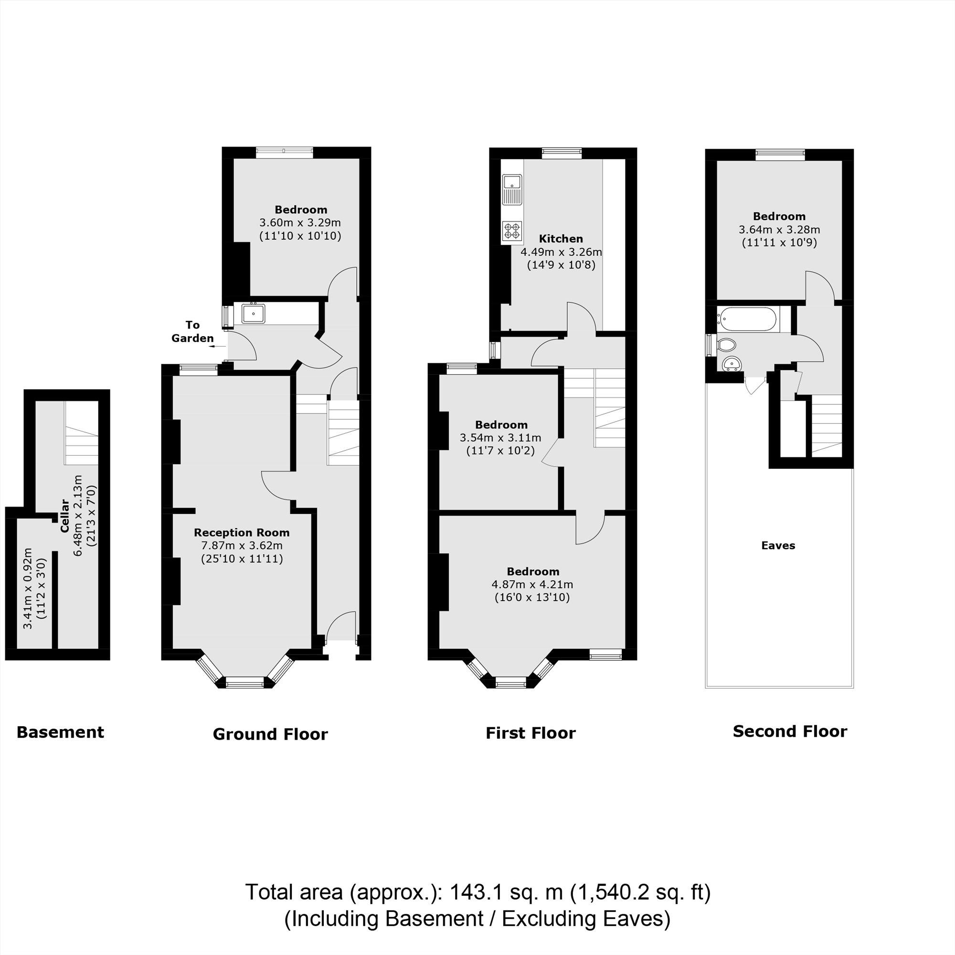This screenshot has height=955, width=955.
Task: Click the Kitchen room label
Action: [561, 239]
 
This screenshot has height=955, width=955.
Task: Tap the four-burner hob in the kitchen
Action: [511, 231]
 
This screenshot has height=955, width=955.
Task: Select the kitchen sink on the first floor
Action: [511, 189]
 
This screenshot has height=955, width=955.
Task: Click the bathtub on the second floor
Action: [748, 319]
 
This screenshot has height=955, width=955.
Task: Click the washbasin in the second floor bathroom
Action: [731, 364]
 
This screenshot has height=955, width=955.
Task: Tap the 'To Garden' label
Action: [192, 331]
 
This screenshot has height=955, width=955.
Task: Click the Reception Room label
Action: [241, 532]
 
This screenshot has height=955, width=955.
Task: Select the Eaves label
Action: [778, 545]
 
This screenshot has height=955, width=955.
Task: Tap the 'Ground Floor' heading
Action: [270, 734]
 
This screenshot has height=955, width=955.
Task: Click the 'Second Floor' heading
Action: [789, 731]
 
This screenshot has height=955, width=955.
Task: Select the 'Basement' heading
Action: [60, 732]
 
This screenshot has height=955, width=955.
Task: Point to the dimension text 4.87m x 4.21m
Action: [532, 584]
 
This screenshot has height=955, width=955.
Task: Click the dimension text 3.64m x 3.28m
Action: [779, 229]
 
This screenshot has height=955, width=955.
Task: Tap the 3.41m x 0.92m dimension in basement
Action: [28, 588]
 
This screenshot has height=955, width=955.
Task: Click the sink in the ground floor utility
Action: [253, 313]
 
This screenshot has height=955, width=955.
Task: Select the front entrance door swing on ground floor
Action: [341, 626]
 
